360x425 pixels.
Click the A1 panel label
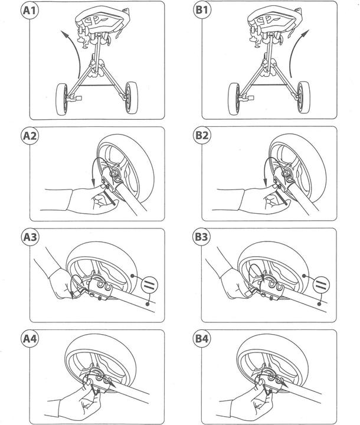click(30, 10)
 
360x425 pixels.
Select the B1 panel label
click(202, 10)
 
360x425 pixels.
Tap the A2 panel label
click(30, 136)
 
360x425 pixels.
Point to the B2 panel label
click(202, 135)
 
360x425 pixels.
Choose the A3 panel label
click(30, 237)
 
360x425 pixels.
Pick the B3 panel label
click(201, 237)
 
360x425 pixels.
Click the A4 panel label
click(30, 339)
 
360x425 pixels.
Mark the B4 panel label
click(202, 339)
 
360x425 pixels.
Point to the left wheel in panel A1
click(61, 99)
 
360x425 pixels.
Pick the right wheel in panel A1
click(132, 97)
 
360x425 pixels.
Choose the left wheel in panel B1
click(234, 99)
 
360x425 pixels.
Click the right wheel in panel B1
click(303, 97)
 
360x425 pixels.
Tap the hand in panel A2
click(92, 200)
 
